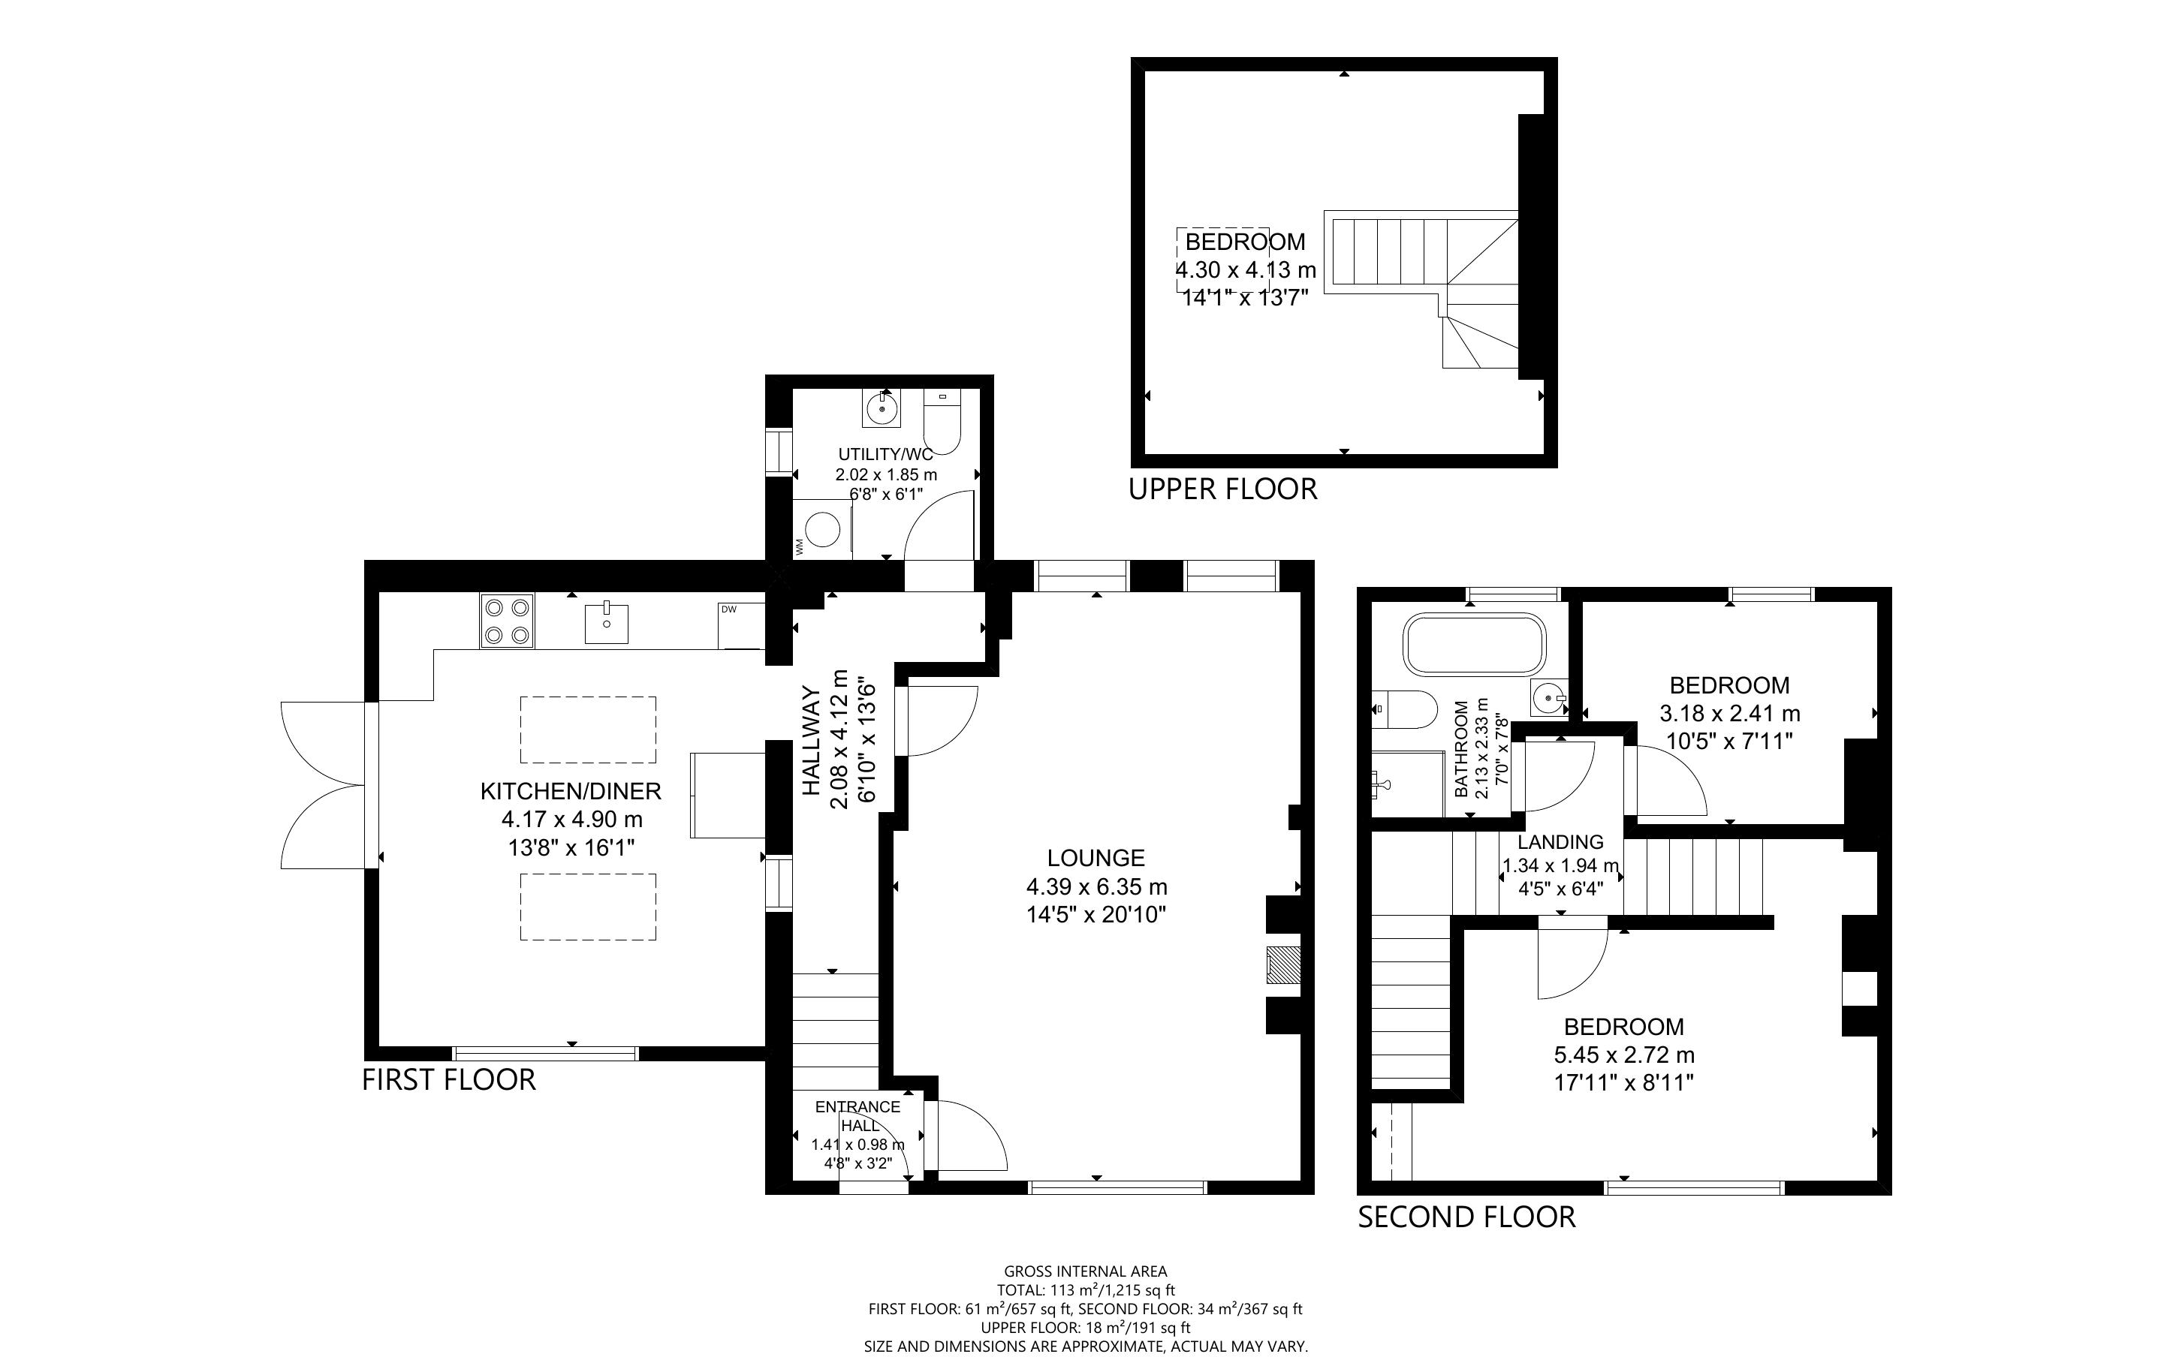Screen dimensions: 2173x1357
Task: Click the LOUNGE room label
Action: click(1096, 858)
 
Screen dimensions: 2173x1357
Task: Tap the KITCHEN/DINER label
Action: click(571, 790)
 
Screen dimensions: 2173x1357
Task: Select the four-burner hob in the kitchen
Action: click(507, 621)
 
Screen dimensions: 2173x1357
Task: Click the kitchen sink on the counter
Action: click(607, 624)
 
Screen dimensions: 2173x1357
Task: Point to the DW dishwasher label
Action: click(729, 610)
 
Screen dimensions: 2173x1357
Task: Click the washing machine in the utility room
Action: click(821, 530)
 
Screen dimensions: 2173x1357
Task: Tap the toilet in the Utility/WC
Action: click(942, 422)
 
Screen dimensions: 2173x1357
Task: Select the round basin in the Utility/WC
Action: click(883, 408)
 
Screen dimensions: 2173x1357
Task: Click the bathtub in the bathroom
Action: click(1475, 643)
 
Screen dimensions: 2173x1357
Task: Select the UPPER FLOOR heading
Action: click(1222, 489)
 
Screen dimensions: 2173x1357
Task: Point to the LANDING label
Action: click(1560, 842)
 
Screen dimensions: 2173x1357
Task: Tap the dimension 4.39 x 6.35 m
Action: click(1097, 886)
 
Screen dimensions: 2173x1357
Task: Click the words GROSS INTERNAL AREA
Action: click(1085, 1271)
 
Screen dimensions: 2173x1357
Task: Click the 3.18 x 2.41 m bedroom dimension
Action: click(1729, 714)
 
